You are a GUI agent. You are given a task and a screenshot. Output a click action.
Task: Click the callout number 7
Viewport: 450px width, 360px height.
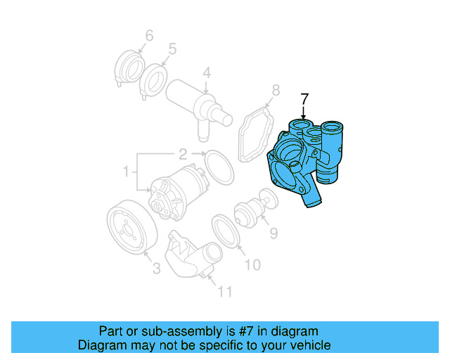coord(304,98)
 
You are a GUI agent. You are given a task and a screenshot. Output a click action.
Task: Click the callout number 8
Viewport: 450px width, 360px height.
coord(276,90)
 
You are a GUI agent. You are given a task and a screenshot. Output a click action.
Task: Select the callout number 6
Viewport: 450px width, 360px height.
coord(149,35)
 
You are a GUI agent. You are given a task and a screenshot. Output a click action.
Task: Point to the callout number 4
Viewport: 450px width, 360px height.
coord(207,72)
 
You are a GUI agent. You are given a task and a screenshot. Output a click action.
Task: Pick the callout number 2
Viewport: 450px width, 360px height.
coord(181,153)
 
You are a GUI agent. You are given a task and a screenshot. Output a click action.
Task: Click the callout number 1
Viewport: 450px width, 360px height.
coord(127,171)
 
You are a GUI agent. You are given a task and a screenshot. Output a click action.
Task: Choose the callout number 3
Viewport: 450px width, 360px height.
coord(156,267)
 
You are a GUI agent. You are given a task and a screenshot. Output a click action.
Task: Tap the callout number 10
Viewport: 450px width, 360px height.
coord(252,264)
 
